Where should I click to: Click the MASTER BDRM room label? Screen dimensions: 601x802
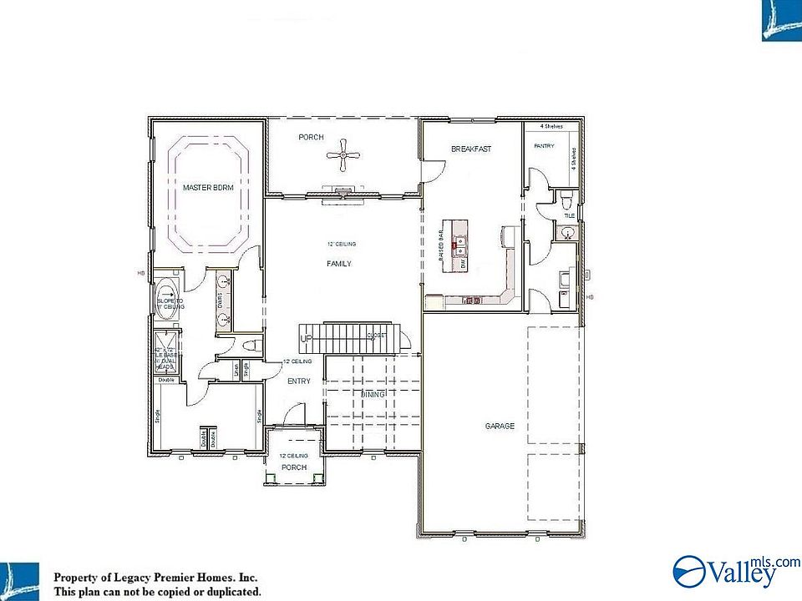208,189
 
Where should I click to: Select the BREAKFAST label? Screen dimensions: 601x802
471,149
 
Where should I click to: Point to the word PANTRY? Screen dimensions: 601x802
544,146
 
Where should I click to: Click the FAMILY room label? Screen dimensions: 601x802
339,264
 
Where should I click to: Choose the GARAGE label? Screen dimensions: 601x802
500,427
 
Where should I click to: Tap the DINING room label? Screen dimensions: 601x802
373,393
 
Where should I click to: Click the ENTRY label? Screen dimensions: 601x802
299,381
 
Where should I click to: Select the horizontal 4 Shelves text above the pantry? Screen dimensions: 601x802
551,126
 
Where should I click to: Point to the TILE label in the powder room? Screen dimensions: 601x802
570,215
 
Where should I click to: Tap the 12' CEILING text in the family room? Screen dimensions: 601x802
342,245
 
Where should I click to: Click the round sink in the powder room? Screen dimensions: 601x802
568,232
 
